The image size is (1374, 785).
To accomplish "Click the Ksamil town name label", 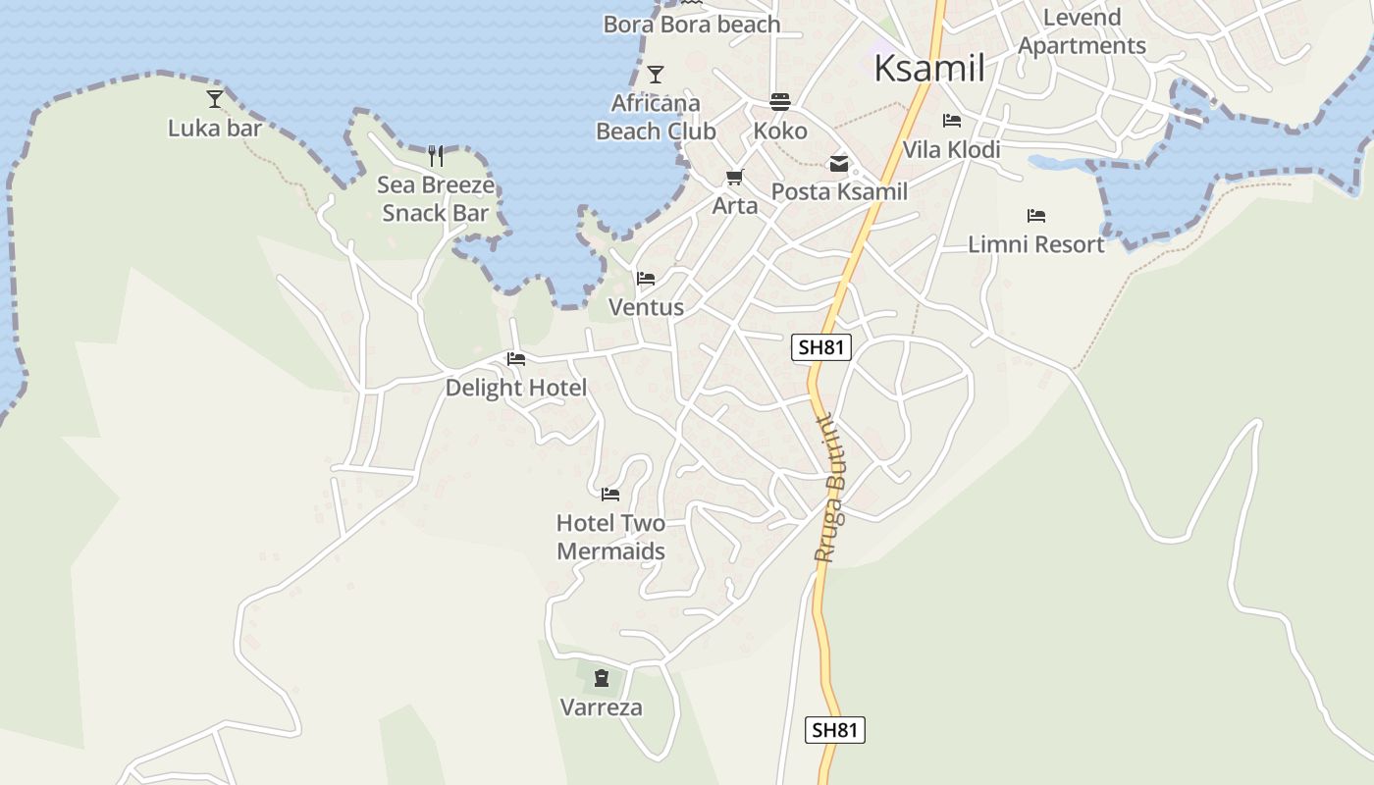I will (928, 68).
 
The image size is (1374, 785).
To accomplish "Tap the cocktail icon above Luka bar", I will (215, 98).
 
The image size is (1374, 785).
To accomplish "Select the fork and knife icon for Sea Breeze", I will (436, 156).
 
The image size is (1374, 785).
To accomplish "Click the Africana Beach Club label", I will (656, 117).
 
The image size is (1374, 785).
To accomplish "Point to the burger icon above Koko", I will (780, 102).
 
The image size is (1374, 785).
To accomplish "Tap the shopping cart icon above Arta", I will (734, 178).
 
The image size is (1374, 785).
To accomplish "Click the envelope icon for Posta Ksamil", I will (839, 164).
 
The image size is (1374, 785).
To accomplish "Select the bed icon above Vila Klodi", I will (951, 121).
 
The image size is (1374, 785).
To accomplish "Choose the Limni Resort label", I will (1036, 244).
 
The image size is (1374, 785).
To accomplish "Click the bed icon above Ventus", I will (646, 279).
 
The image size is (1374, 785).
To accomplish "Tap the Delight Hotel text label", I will (516, 388).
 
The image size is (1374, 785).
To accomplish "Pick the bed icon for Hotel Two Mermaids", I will (610, 494).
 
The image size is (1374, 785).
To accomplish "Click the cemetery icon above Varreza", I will (602, 677).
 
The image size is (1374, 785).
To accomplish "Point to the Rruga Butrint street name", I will (830, 487).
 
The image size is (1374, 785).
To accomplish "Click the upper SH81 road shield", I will (820, 346).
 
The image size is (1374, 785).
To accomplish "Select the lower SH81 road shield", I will (835, 730).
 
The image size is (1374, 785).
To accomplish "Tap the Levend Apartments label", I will (1082, 31).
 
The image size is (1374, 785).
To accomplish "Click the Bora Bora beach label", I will (692, 25).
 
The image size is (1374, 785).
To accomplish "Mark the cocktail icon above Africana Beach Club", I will (656, 74).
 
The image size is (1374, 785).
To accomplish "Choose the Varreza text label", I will (602, 707).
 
